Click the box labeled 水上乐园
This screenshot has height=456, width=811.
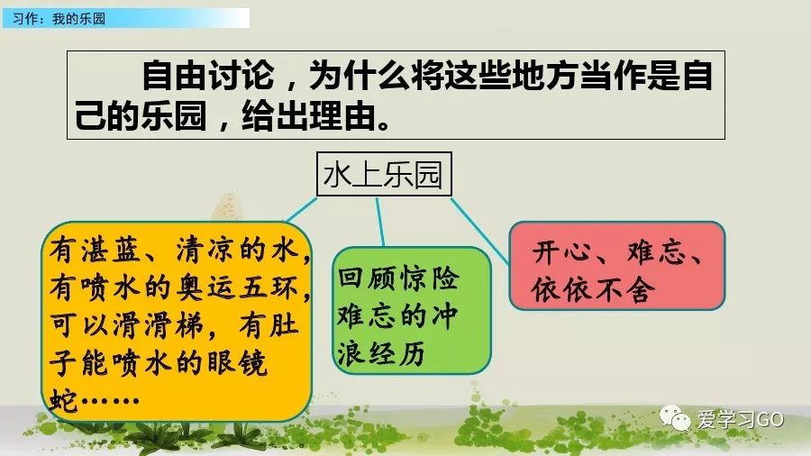[x=383, y=175]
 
